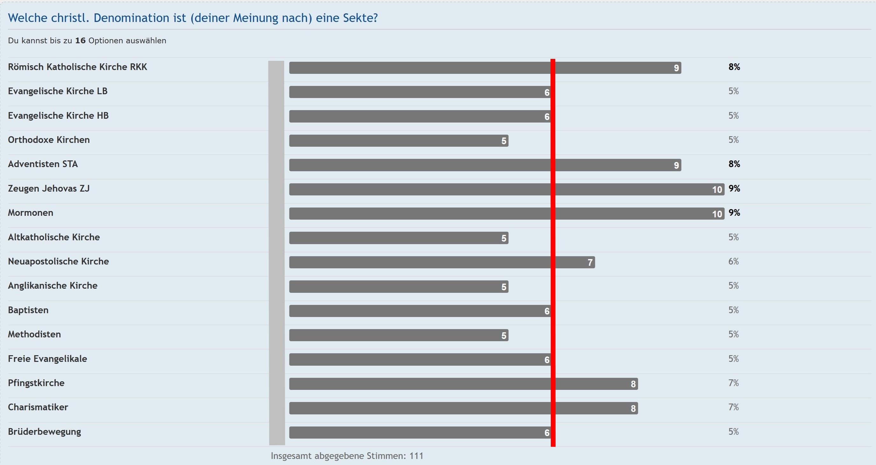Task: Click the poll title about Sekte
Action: coord(193,18)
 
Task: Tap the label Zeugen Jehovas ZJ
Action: coord(49,188)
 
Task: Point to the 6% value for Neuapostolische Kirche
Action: coord(733,261)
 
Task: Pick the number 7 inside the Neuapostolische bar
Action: coord(590,262)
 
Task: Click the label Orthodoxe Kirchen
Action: coord(49,140)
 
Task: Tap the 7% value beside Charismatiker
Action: coord(733,407)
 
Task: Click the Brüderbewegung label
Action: coord(44,432)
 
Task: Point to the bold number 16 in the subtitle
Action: coord(80,40)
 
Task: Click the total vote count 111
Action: coord(416,456)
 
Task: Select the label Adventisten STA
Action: coord(43,164)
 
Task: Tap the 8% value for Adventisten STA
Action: coord(734,164)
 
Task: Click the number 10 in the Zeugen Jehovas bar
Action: coord(717,189)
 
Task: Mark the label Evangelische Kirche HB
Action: coord(58,116)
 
